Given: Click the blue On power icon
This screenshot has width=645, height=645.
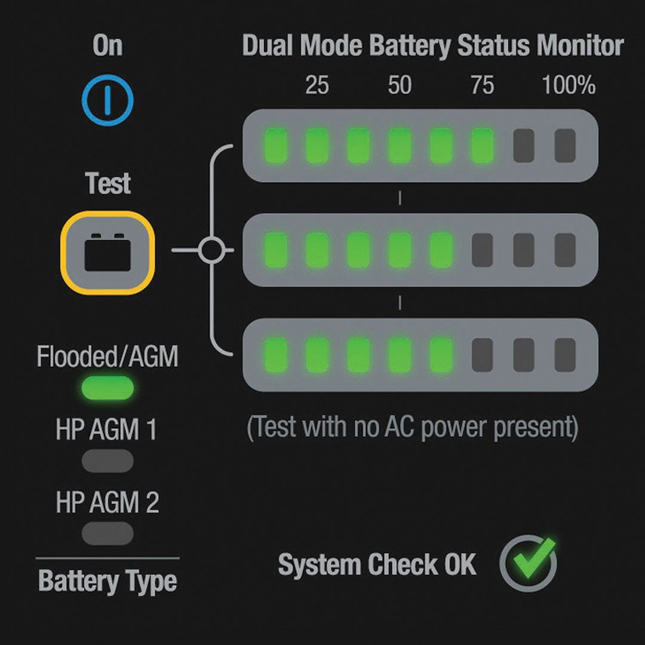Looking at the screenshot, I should tap(107, 100).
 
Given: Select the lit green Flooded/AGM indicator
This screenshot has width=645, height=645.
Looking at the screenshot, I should tap(107, 388).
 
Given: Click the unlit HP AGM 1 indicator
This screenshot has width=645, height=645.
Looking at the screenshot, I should tap(107, 460).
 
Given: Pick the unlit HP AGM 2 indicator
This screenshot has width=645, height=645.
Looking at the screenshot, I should tap(107, 533).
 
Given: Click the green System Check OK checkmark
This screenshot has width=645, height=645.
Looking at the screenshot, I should tap(529, 563).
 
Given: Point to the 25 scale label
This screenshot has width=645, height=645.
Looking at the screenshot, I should tap(317, 85).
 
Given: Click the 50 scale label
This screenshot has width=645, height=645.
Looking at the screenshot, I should tap(400, 85).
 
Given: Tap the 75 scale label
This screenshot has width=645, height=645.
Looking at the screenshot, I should tap(482, 85).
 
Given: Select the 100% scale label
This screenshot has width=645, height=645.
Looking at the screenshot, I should tap(569, 85).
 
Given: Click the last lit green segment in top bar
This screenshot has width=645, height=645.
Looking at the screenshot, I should tap(482, 146).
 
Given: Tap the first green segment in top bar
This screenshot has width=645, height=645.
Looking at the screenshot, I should tap(276, 146).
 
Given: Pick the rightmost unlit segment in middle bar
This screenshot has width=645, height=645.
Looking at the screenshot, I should tap(564, 250).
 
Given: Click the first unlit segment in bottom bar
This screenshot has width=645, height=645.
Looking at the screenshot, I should tap(482, 355).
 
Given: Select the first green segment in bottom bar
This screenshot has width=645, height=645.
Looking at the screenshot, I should tap(276, 355).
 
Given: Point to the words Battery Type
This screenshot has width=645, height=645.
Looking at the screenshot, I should tap(107, 581).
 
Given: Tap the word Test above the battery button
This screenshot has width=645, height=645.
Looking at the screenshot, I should tap(108, 183).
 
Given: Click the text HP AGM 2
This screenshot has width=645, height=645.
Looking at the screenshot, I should tap(107, 503).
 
